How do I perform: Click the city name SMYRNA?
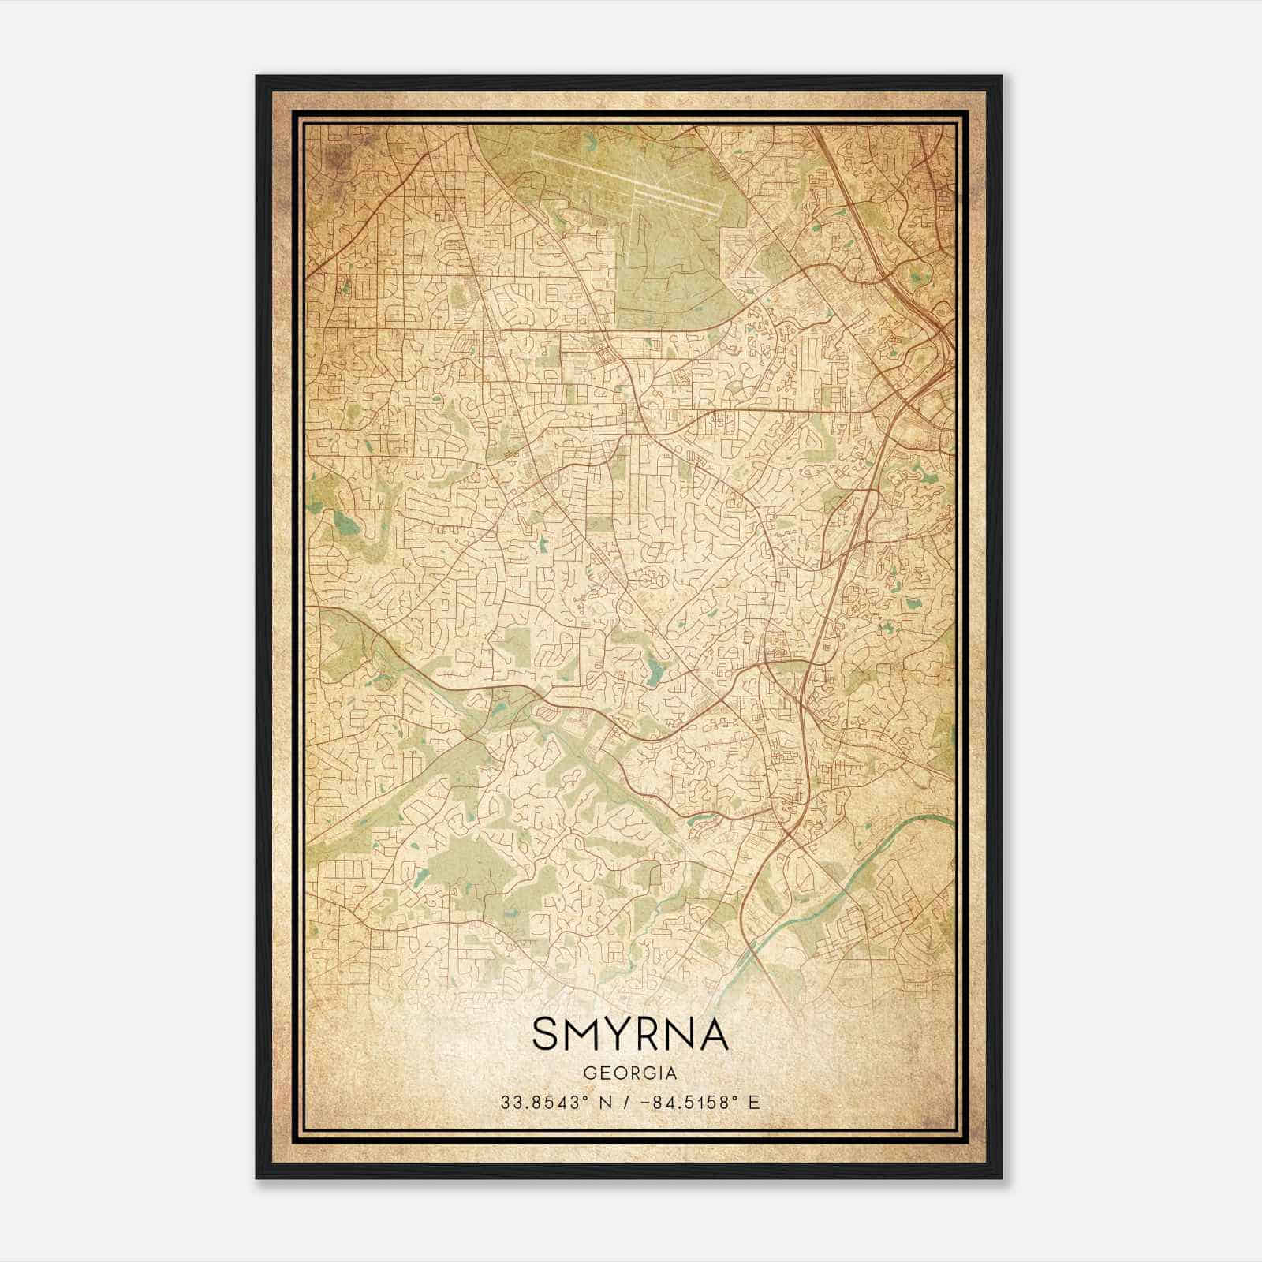(630, 1033)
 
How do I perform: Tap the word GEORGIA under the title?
(630, 1073)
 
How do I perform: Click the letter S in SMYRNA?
(547, 1033)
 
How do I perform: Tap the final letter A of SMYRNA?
(712, 1033)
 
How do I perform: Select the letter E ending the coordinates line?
(755, 1103)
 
